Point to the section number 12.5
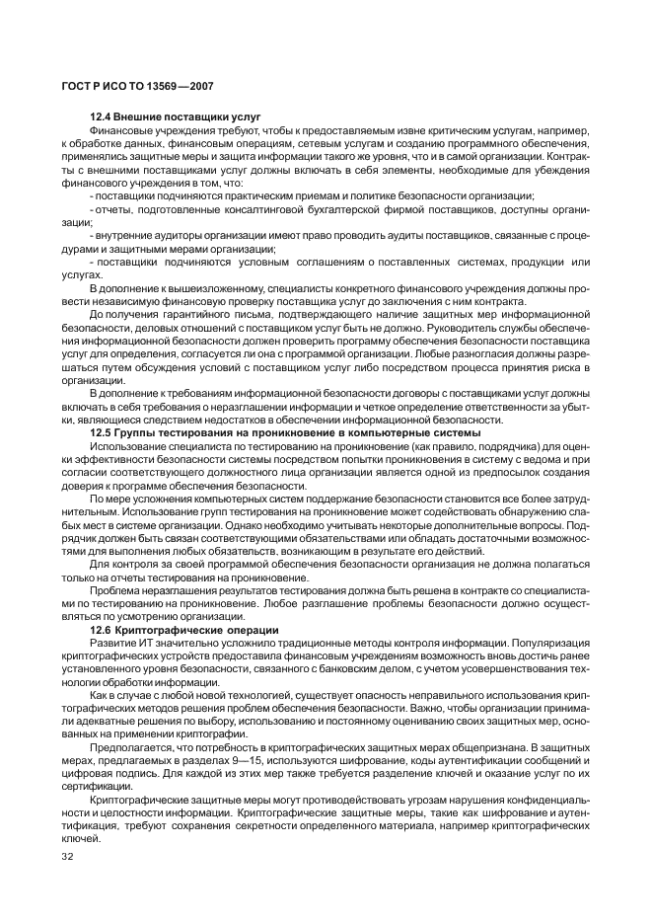tap(104, 432)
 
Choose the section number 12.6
tap(104, 629)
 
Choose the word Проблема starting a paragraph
tap(114, 589)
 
